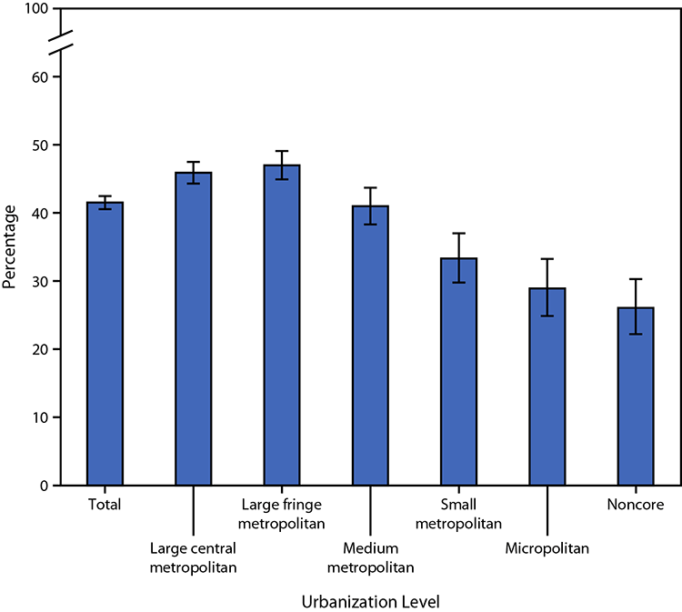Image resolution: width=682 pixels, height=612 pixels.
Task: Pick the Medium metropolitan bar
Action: pyautogui.click(x=370, y=346)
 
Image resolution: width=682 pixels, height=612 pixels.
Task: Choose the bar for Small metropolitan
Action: pyautogui.click(x=458, y=372)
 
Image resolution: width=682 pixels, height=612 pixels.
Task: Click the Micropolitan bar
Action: pyautogui.click(x=547, y=386)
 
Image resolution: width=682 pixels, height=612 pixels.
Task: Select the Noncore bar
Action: pyautogui.click(x=636, y=396)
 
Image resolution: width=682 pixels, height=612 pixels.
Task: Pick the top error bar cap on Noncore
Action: pyautogui.click(x=636, y=279)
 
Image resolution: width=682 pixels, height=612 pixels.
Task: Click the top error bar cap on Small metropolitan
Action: pyautogui.click(x=458, y=234)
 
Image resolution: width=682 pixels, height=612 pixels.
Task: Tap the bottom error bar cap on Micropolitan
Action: pyautogui.click(x=547, y=316)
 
